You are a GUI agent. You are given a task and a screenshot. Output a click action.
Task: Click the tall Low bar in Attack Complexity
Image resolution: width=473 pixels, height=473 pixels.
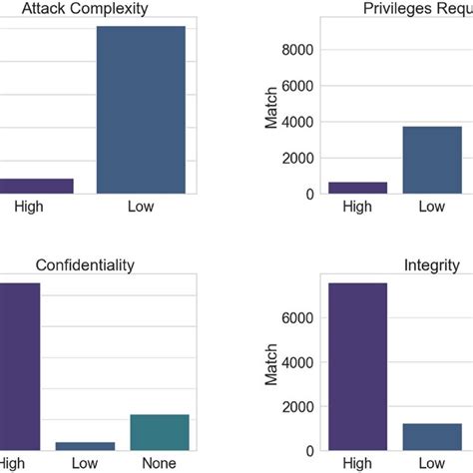pos(141,110)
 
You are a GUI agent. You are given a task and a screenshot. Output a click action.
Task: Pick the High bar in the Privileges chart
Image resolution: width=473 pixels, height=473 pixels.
pos(343,188)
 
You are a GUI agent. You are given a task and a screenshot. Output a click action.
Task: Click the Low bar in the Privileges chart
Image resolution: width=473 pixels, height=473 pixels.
pos(431,160)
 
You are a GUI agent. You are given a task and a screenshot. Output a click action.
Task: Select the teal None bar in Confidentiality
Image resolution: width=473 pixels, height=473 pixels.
pos(160,431)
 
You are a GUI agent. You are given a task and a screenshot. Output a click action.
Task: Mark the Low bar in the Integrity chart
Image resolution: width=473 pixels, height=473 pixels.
pos(431,436)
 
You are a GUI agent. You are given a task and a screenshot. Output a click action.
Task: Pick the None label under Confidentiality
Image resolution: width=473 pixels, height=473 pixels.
pos(160,463)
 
